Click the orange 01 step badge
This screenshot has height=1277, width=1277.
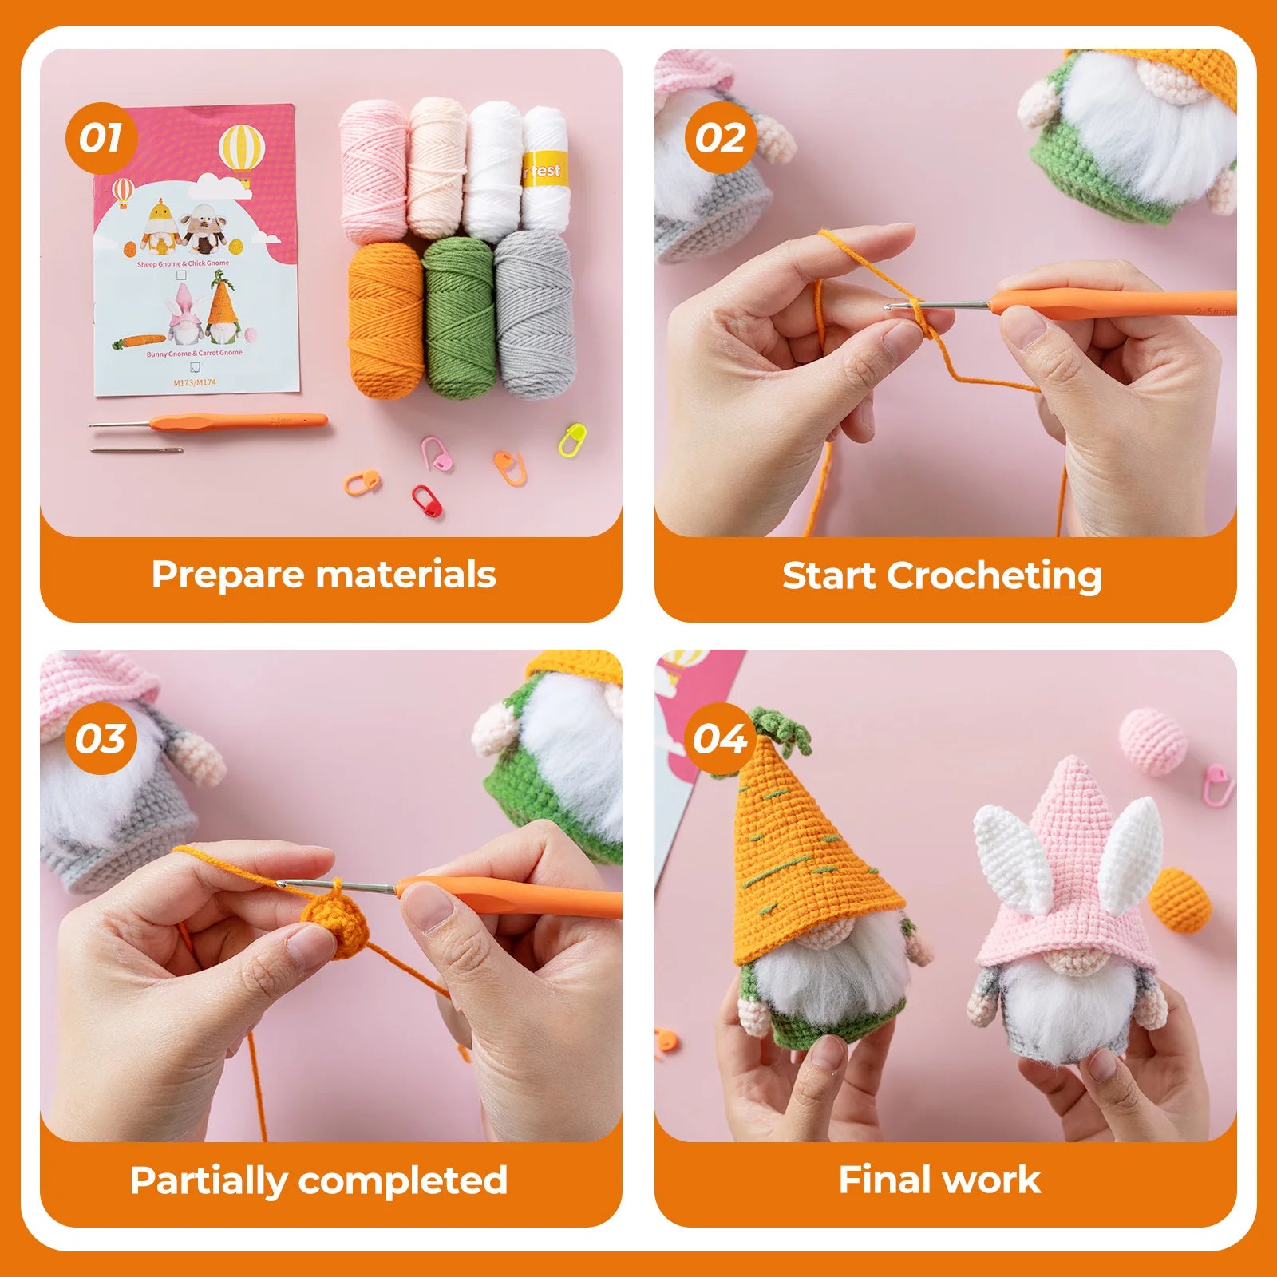[x=101, y=138]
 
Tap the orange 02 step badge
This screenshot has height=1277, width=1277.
[x=720, y=138]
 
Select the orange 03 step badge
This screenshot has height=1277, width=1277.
[x=101, y=738]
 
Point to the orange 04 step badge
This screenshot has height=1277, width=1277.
[x=720, y=738]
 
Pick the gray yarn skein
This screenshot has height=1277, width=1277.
[x=535, y=315]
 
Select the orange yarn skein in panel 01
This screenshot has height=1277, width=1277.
[x=386, y=319]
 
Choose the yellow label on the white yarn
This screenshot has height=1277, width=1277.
[x=545, y=171]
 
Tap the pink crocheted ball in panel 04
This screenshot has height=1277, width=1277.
[x=1152, y=741]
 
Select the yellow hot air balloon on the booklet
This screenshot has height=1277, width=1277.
[x=241, y=150]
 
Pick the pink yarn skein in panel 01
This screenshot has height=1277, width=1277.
[x=374, y=172]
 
